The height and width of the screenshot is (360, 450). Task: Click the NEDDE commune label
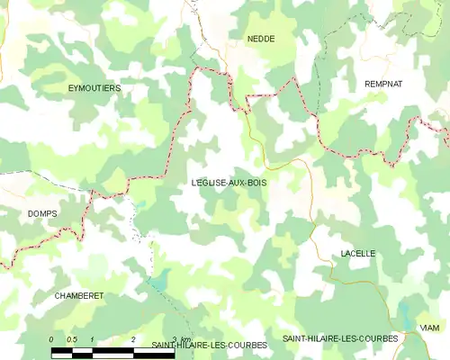click(261, 39)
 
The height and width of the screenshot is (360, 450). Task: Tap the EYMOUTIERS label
click(94, 88)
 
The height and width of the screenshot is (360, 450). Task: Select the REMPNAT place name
click(383, 84)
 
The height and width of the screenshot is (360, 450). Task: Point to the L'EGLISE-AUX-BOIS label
click(229, 182)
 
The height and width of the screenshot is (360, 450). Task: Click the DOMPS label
click(41, 213)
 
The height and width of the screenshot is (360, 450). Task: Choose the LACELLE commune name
click(358, 254)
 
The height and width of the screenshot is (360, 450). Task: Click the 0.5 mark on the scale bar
click(72, 338)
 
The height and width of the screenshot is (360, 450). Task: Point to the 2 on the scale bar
click(133, 338)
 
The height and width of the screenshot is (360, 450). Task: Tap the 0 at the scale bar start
click(52, 338)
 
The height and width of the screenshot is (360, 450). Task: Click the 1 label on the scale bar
click(93, 338)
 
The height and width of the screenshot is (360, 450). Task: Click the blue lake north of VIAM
click(404, 315)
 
